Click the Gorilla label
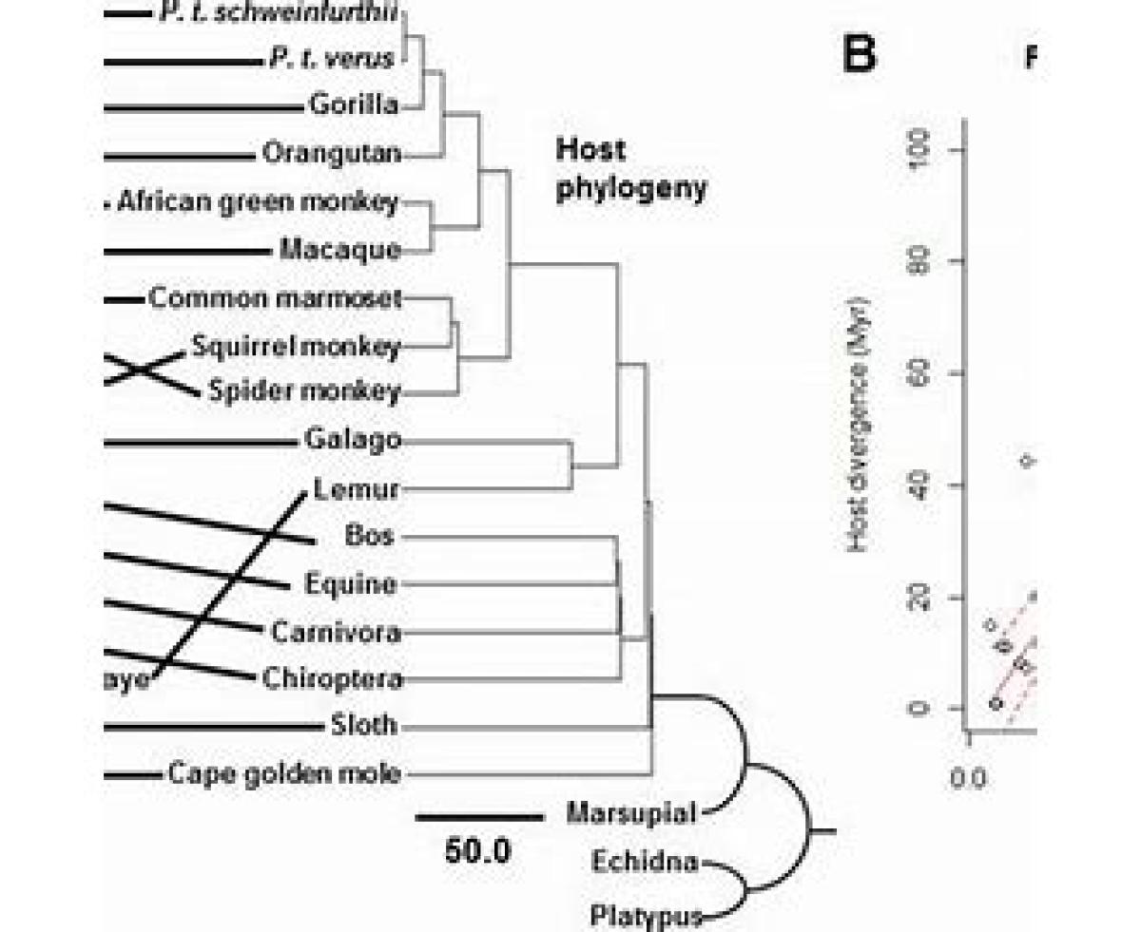(354, 105)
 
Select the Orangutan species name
(331, 153)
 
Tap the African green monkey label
(258, 201)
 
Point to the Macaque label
(340, 250)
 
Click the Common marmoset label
(276, 298)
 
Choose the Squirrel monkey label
(296, 347)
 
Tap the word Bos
(370, 536)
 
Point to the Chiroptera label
(332, 679)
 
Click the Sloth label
(365, 727)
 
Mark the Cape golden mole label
(284, 774)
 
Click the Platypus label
(646, 917)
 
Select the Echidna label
(645, 863)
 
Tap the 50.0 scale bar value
(477, 850)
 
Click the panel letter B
(859, 55)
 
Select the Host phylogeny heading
(631, 169)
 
